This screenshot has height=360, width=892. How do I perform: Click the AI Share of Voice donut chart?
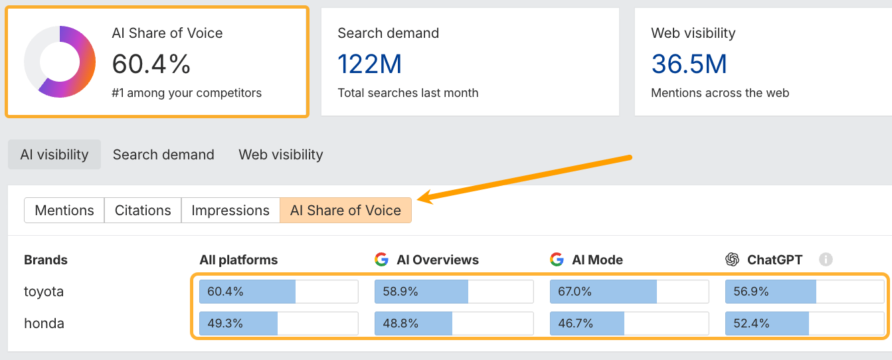tap(60, 62)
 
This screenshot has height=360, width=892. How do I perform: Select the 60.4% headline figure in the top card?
tap(151, 64)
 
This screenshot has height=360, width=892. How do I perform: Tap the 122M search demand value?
tap(369, 64)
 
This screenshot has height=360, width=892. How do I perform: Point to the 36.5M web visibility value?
tap(689, 64)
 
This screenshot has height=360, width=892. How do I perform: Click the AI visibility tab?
tap(54, 155)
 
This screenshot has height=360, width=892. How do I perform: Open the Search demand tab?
tap(163, 155)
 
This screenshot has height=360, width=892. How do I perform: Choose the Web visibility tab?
tap(281, 155)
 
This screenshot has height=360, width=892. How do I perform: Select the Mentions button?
tap(64, 211)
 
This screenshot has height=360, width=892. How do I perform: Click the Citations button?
tap(143, 211)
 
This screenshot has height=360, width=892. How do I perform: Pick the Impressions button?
tap(230, 211)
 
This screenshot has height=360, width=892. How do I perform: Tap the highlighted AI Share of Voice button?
tap(345, 211)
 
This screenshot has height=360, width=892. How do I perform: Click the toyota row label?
tap(44, 292)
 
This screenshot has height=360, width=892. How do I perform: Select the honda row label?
tap(44, 323)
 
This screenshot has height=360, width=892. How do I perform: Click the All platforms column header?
tap(238, 260)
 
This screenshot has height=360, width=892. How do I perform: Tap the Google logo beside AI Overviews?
tap(381, 260)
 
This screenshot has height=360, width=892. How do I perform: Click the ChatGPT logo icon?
tap(733, 260)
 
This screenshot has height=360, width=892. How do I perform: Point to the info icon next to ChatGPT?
tap(826, 260)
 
